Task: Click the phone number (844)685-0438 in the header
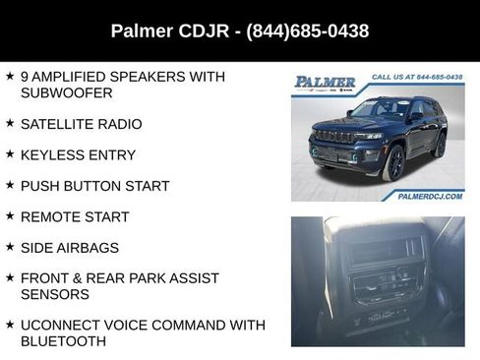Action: (x=309, y=31)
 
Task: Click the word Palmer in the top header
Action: (x=144, y=31)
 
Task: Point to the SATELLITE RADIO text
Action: (x=81, y=124)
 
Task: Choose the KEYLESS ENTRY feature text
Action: (x=78, y=154)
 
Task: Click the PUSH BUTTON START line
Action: (x=94, y=186)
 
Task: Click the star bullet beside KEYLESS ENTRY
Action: (x=9, y=153)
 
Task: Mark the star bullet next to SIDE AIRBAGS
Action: (x=9, y=246)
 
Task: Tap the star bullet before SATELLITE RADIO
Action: (x=9, y=123)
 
